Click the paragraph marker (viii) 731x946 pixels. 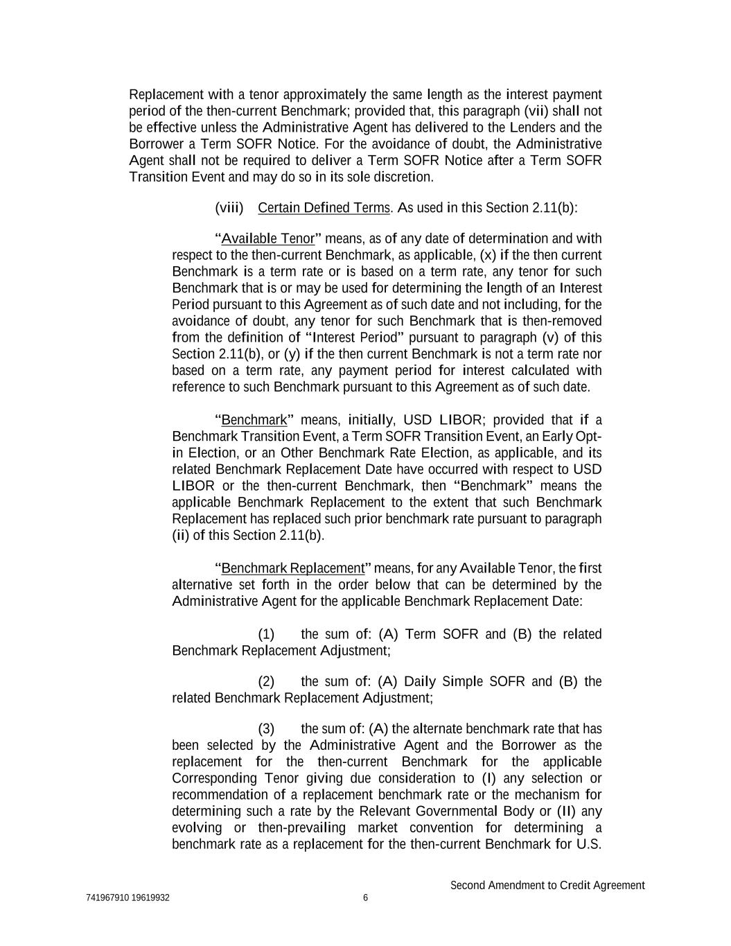point(229,208)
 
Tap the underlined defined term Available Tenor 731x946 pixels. point(267,239)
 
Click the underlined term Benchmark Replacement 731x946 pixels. point(292,568)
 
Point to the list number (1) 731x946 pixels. point(266,634)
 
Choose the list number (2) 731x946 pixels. point(266,681)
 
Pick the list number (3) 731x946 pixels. point(266,728)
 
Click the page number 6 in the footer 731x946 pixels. point(365,898)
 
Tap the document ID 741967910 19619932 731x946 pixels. point(128,898)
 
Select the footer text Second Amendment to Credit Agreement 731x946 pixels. point(547,885)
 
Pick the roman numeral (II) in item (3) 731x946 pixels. point(567,811)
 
